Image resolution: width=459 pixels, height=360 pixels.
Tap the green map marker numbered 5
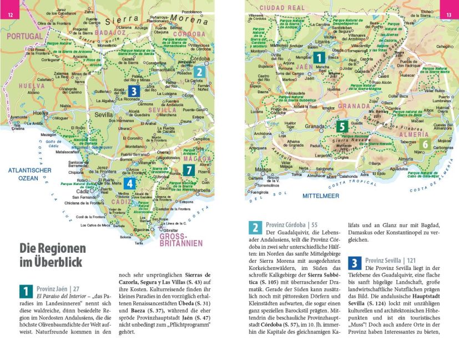[342, 127]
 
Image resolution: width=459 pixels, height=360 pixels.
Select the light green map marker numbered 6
[425, 144]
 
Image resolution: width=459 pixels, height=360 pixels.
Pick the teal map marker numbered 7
[189, 169]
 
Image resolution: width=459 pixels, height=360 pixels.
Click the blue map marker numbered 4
[129, 183]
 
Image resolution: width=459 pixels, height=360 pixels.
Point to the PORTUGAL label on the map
[24, 36]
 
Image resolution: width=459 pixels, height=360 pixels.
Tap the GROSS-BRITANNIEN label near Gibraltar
[181, 239]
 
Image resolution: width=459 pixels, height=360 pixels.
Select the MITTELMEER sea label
[320, 196]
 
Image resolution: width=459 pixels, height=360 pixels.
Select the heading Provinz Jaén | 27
[58, 289]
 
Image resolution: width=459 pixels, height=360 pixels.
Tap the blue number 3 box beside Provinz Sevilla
[355, 263]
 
